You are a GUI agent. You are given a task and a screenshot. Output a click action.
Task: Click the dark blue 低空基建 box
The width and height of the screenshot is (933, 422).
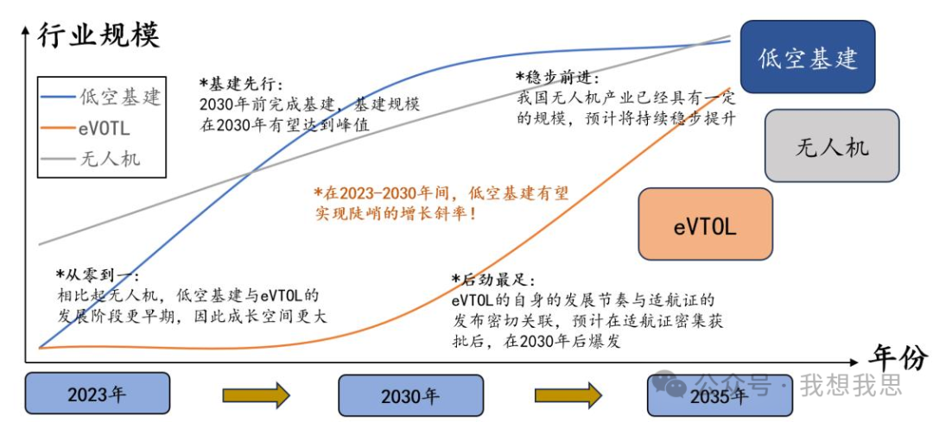click(808, 58)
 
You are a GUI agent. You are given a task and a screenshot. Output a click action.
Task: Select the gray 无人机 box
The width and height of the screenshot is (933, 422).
click(831, 146)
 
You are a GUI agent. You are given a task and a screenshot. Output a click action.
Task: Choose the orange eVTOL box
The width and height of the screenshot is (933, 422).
click(705, 225)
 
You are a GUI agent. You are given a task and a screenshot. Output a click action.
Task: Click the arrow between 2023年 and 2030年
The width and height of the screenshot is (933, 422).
click(256, 395)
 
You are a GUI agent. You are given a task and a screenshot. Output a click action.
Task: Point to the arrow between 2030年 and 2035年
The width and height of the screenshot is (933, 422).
click(568, 395)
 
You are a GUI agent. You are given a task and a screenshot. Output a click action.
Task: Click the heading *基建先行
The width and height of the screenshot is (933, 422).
click(241, 84)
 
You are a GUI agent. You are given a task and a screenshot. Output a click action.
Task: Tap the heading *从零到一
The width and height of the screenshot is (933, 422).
click(97, 275)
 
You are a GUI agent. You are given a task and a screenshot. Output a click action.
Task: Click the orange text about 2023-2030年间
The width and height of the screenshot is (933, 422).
click(441, 203)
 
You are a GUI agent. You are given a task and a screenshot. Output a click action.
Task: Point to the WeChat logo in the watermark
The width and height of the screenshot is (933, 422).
click(670, 384)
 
